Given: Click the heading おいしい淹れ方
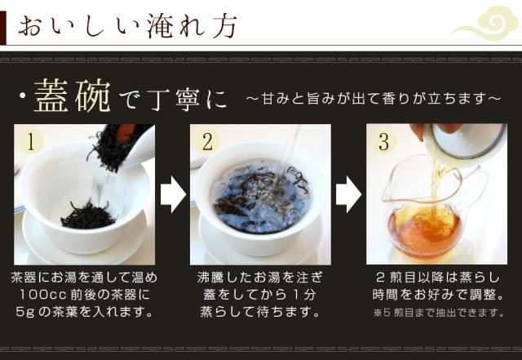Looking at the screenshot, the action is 127,25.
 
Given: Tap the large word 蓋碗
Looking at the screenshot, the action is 72,96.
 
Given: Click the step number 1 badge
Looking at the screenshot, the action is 31,141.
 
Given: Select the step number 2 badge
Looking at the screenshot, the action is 207,141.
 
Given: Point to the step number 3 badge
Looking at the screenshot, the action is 383,141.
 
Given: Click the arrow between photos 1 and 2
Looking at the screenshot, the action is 173,194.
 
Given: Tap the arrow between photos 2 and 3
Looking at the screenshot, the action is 348,194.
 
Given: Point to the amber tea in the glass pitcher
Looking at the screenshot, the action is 423,227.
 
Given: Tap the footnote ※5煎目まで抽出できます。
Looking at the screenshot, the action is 438,313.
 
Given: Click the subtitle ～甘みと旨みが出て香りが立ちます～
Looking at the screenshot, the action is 374,99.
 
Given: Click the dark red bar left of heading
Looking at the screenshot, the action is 3,28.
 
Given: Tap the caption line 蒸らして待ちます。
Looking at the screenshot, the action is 259,313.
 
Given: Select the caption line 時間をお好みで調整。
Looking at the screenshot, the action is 438,295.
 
